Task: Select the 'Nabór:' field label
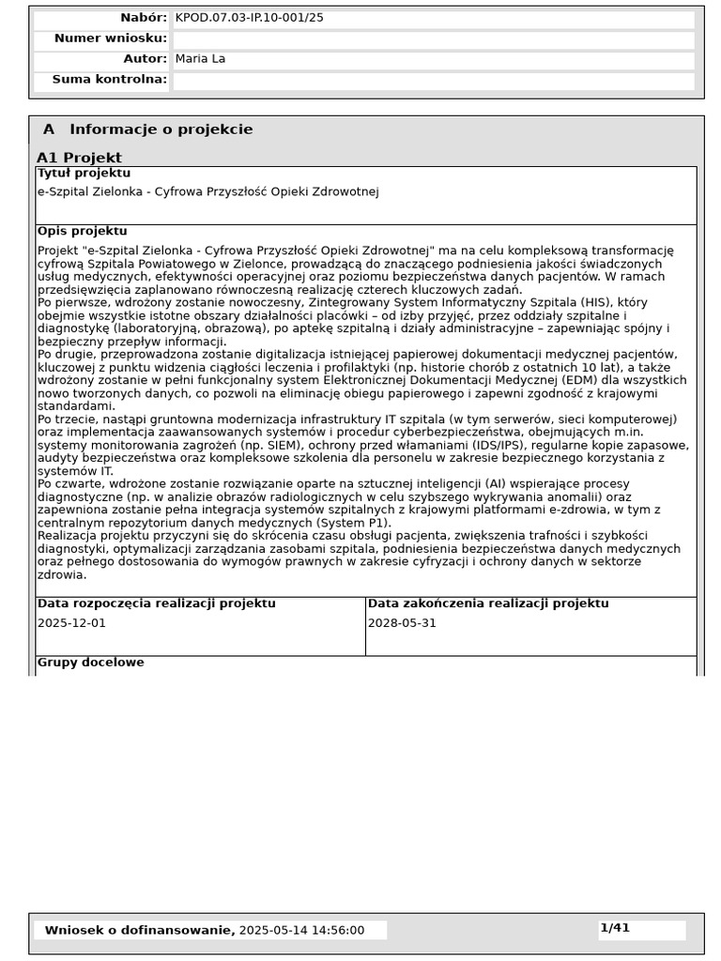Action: [143, 18]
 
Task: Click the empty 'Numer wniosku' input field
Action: [433, 39]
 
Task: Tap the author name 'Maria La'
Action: [200, 59]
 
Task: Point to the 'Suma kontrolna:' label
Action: [109, 80]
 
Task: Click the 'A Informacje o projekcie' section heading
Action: [147, 130]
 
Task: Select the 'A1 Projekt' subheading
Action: [79, 158]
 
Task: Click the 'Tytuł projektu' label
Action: [84, 174]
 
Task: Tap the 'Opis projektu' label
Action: [82, 232]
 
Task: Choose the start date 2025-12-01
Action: [71, 623]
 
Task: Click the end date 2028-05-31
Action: [402, 623]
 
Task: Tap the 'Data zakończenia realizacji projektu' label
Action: [487, 604]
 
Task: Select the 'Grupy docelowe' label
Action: [90, 663]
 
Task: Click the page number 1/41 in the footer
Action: [615, 928]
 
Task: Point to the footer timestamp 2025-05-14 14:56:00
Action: [301, 930]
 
